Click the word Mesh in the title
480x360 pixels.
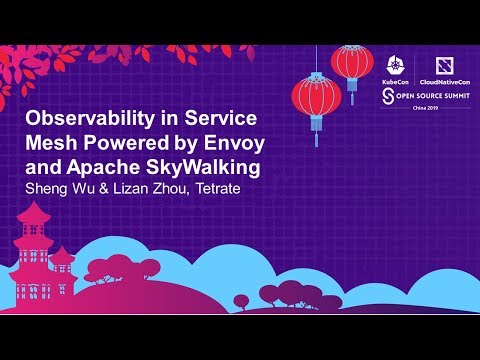tap(48, 141)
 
